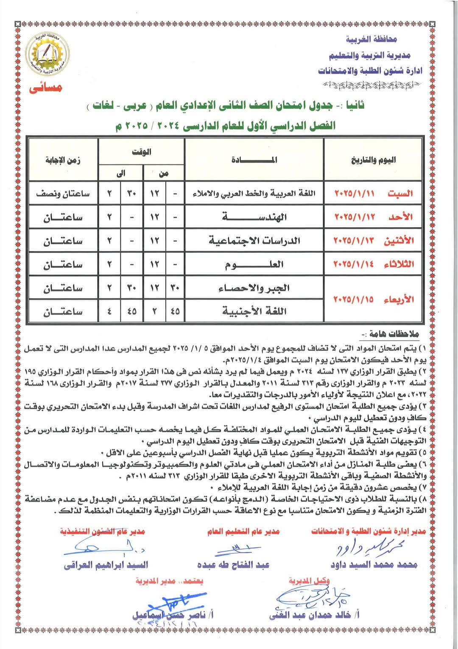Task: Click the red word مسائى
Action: click(x=46, y=88)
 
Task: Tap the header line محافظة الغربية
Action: click(x=371, y=40)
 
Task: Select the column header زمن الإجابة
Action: click(x=63, y=160)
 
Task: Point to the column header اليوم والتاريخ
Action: click(x=373, y=160)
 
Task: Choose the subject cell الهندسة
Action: click(x=254, y=217)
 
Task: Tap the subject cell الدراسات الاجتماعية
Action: click(x=254, y=241)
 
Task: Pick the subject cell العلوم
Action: click(x=254, y=265)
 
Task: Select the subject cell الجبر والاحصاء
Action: click(x=254, y=288)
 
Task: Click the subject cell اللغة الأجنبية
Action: click(x=254, y=311)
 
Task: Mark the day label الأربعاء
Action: click(x=398, y=299)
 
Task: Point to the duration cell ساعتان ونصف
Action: click(x=63, y=194)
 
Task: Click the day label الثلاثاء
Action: click(x=398, y=264)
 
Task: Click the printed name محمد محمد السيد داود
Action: click(x=374, y=564)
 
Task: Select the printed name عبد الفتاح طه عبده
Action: click(x=233, y=564)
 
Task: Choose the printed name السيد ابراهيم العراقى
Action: click(x=106, y=565)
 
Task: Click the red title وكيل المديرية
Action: click(x=309, y=581)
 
